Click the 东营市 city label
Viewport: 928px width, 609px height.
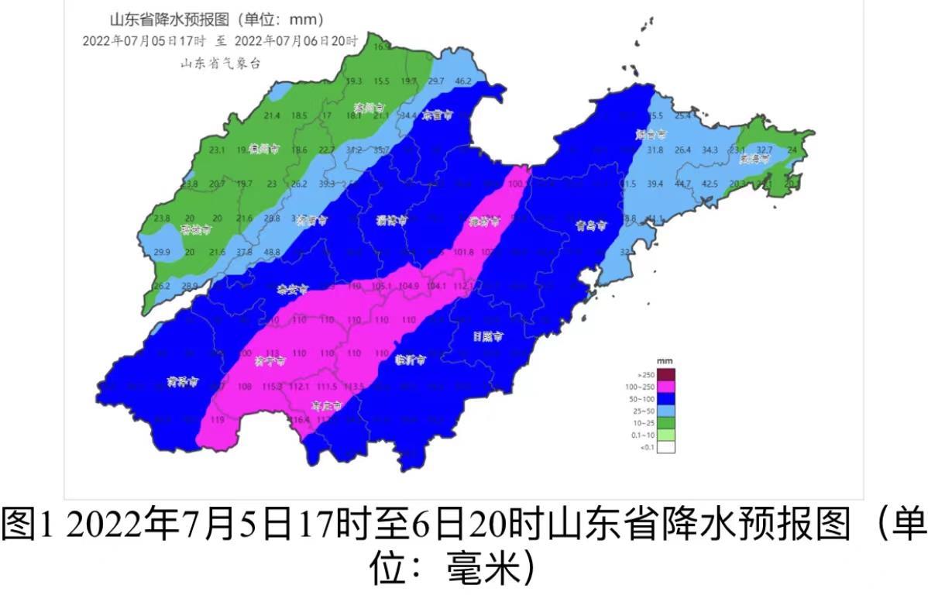[x=438, y=115]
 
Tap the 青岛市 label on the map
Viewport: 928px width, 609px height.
[x=590, y=225]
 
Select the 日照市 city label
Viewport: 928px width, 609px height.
[x=488, y=337]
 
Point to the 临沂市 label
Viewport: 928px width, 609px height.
[x=410, y=358]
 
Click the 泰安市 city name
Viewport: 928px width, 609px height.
[x=292, y=289]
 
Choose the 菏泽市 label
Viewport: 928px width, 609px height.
[x=183, y=381]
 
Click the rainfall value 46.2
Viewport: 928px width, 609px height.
[x=464, y=81]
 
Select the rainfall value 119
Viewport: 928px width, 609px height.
[x=218, y=420]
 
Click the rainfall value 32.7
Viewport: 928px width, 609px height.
[x=765, y=149]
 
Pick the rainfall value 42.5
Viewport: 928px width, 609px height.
[x=710, y=184]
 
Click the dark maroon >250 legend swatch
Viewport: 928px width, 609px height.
[x=665, y=374]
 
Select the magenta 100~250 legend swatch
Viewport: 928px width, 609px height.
[x=665, y=386]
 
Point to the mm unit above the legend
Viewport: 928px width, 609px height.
[x=664, y=361]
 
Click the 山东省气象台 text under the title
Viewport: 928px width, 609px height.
[x=220, y=64]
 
